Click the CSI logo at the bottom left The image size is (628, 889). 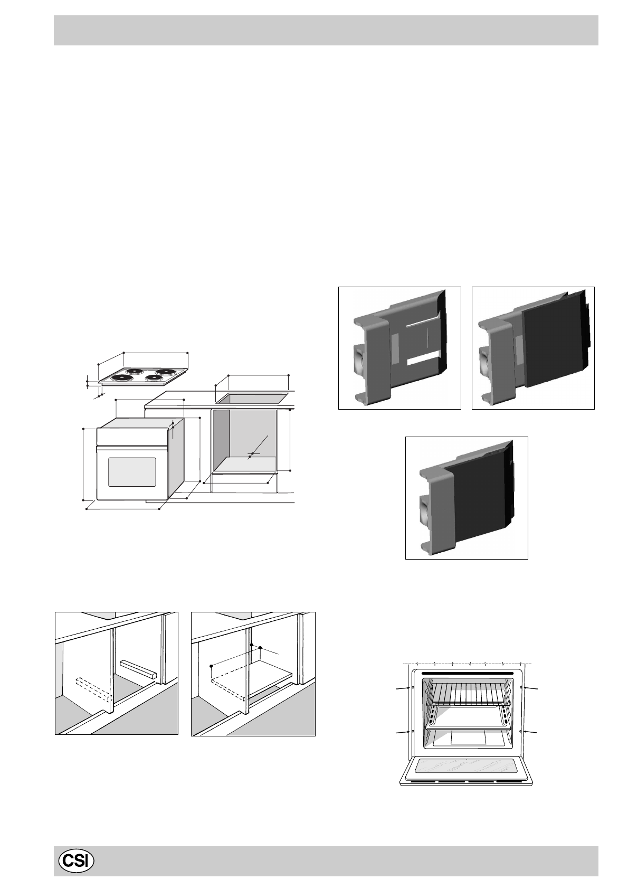coord(76,861)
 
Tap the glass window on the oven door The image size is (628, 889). coord(132,471)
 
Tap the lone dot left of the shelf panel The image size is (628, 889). coord(211,666)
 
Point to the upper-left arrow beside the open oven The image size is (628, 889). coord(404,688)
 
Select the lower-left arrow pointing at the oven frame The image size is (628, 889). coord(404,732)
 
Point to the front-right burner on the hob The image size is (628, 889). coord(153,377)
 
